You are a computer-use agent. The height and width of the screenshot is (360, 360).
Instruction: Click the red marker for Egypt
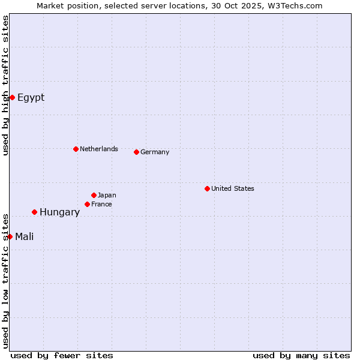12,97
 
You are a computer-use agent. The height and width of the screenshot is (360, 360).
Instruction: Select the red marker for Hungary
35,212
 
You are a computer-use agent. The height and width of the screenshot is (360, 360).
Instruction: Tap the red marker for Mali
10,236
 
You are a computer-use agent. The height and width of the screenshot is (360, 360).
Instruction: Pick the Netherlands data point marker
76,149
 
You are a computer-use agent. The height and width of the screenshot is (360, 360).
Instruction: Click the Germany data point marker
137,152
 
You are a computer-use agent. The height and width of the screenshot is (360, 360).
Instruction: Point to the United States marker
207,188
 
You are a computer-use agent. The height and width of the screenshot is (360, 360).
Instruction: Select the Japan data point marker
94,195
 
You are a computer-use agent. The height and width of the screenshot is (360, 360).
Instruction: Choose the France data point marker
88,204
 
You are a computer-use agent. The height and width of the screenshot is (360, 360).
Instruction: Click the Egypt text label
31,98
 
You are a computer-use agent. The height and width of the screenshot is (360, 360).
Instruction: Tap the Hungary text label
59,212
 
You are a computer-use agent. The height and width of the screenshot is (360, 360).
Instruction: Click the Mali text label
24,237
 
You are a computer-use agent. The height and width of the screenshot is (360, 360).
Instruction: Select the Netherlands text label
98,149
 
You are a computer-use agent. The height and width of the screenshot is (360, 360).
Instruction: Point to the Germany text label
155,152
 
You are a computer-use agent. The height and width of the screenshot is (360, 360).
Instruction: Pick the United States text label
232,188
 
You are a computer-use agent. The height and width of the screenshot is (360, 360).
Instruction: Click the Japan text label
107,195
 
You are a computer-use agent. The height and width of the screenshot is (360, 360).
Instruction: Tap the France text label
101,204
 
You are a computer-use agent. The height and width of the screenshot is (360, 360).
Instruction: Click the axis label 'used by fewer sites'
62,355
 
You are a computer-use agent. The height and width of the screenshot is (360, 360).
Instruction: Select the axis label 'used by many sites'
301,355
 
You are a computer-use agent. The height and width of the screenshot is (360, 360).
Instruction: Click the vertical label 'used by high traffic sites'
5,85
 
